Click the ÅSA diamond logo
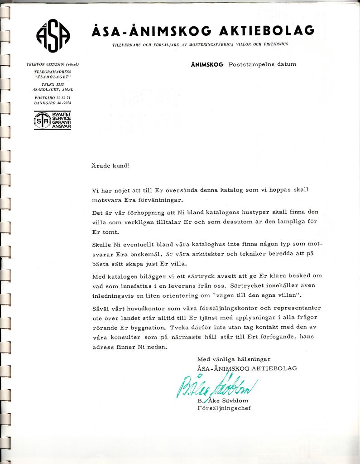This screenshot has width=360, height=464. point(53,36)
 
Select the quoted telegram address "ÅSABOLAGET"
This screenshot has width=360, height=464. point(53,77)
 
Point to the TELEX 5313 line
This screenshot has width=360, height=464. point(53,84)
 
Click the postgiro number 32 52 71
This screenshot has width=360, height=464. point(60,97)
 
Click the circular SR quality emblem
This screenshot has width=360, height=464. point(42,121)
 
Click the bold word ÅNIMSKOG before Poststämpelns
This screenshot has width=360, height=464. point(207,64)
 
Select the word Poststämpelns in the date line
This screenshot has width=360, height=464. point(250,64)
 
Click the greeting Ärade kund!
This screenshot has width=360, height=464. point(110,165)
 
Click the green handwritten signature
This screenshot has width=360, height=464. point(216,387)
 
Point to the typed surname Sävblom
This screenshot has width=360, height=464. point(235,401)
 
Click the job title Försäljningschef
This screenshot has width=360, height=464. point(224,408)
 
